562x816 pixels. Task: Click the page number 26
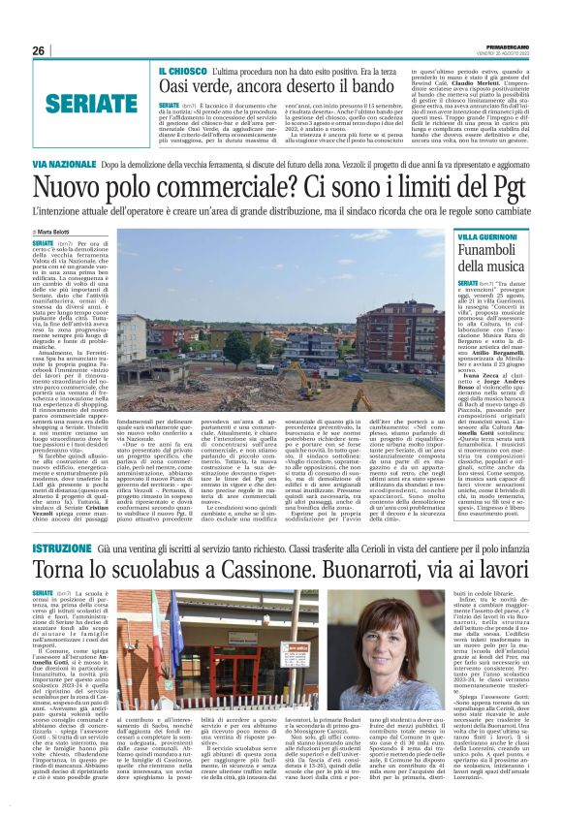[38, 50]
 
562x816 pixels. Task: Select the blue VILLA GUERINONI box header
[490, 237]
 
